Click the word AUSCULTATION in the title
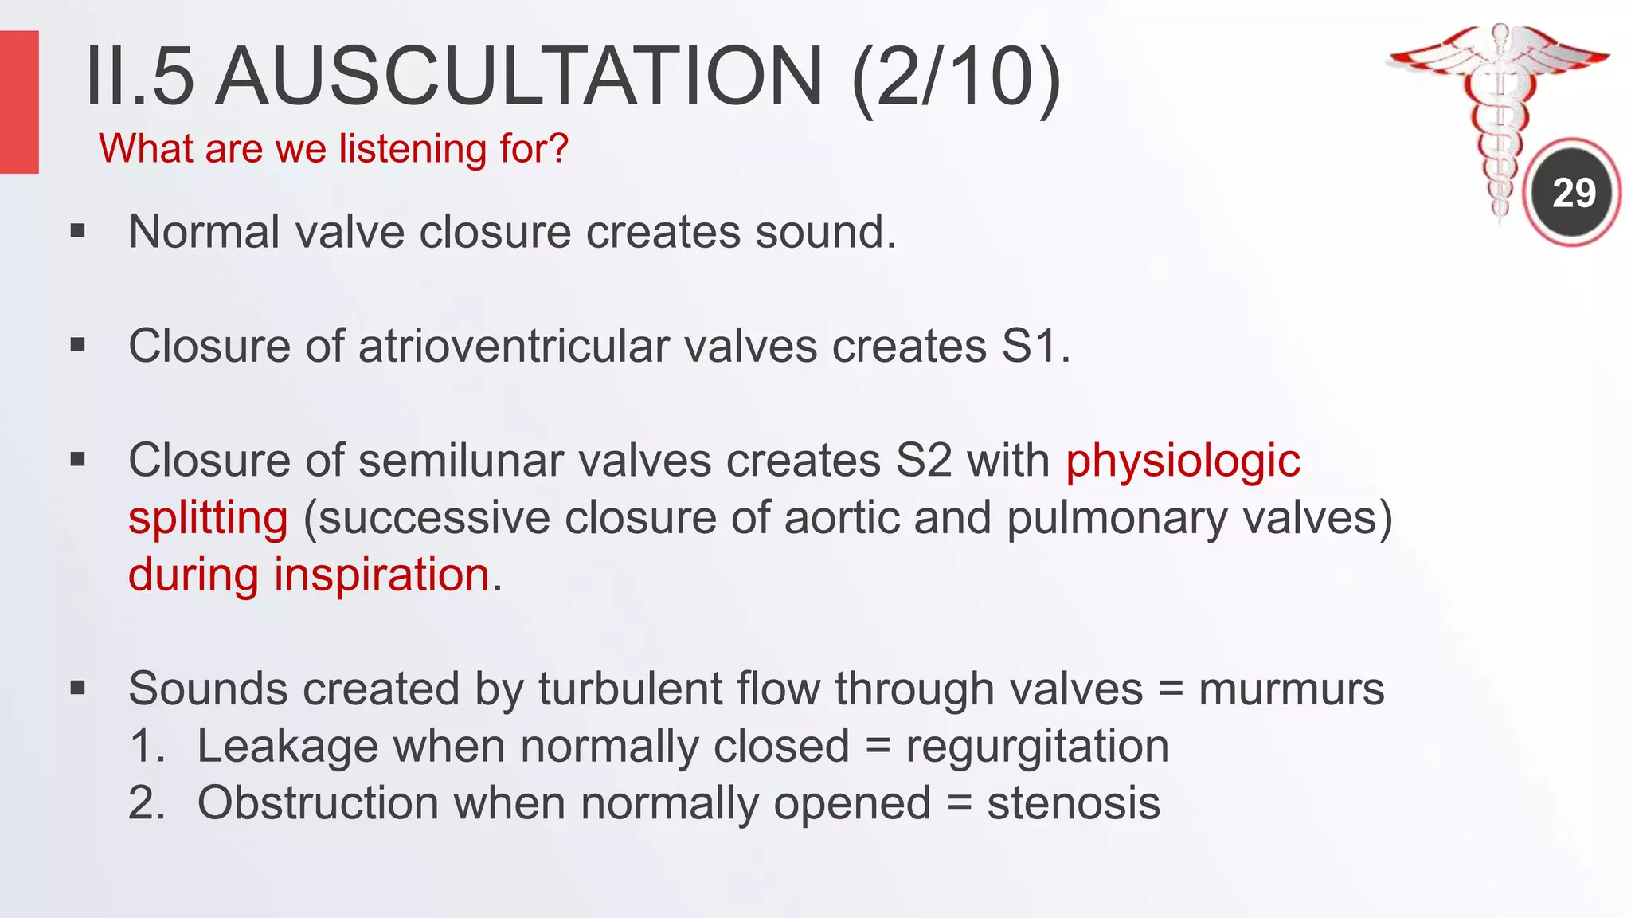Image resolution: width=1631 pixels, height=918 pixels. click(x=519, y=76)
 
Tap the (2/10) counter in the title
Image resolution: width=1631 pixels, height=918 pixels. click(x=956, y=76)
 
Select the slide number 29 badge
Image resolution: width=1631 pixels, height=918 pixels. click(x=1574, y=193)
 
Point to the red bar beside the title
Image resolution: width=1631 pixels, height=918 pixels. click(x=19, y=102)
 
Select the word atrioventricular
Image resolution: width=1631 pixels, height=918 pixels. click(x=588, y=347)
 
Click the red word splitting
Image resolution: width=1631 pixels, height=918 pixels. click(x=208, y=519)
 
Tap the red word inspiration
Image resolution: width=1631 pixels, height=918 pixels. click(x=381, y=575)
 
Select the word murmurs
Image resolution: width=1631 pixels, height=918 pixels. click(x=1291, y=689)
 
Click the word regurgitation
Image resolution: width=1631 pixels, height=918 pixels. click(x=1037, y=747)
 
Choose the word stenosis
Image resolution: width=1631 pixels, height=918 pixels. click(x=1073, y=803)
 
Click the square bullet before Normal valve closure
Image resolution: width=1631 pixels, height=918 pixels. click(x=77, y=232)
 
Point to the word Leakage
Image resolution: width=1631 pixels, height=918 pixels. click(x=287, y=747)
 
